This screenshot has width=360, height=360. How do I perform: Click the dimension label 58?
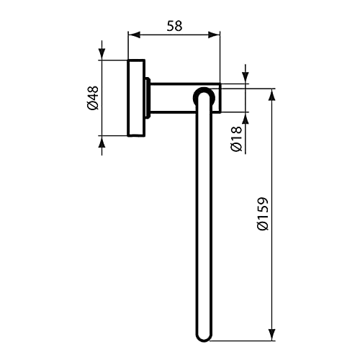(175, 26)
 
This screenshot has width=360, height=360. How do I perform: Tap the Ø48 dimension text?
(93, 98)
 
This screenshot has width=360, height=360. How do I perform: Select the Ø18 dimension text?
(237, 139)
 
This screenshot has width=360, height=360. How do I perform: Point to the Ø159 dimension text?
(262, 214)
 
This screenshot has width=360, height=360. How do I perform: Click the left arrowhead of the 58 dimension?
(134, 35)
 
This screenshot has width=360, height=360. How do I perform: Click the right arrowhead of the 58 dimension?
(214, 35)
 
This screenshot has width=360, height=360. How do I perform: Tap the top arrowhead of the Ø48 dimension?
(102, 54)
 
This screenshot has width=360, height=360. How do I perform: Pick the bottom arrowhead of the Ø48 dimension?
(102, 142)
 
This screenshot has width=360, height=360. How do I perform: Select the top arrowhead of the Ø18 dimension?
(246, 78)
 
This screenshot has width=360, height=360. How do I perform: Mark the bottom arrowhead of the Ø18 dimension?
(246, 118)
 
